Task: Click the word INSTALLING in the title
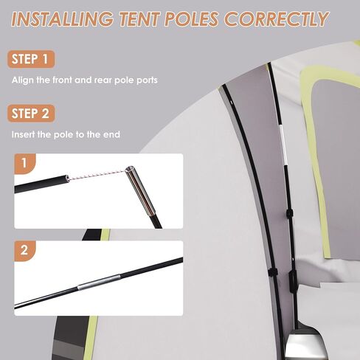click(63, 19)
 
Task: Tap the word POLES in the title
click(191, 19)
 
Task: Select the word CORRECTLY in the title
click(276, 19)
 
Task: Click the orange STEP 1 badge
click(31, 59)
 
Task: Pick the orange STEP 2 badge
click(31, 114)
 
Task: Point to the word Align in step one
click(23, 80)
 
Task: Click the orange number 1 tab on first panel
click(24, 163)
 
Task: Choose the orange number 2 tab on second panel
click(24, 250)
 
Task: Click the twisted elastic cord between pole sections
click(97, 175)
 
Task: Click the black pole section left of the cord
click(41, 184)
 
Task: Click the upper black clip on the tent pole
click(289, 213)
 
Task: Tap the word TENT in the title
click(139, 19)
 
